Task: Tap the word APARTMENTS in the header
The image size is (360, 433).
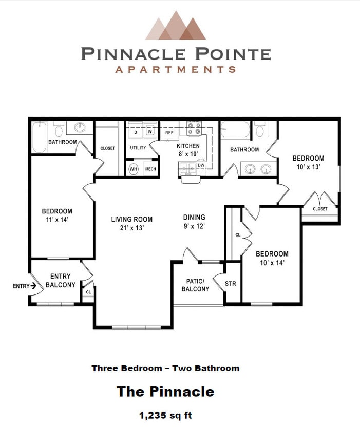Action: (176, 69)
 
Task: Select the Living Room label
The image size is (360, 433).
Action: (132, 223)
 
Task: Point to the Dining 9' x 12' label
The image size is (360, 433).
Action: (194, 221)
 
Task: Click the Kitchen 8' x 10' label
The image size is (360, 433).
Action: (187, 149)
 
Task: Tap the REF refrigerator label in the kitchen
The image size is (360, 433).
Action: (169, 133)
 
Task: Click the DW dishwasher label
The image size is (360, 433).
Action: (201, 166)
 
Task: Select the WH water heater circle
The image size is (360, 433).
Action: (134, 168)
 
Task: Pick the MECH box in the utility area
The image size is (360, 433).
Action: (150, 169)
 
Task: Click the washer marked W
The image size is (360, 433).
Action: (150, 132)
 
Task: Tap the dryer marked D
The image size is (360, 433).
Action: (136, 132)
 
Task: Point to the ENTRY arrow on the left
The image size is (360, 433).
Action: (25, 286)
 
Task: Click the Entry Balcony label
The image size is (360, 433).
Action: (61, 281)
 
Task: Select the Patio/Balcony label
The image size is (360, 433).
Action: (195, 285)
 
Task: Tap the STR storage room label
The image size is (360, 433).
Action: (231, 283)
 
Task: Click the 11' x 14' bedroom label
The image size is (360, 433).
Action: (56, 215)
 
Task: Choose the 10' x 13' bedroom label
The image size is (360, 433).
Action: (308, 162)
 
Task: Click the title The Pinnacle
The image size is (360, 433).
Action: (165, 391)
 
